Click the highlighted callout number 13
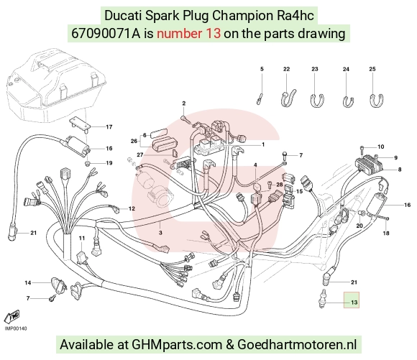coord(354,303)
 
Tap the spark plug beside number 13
coord(323,299)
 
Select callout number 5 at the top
coord(262,69)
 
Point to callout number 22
coord(286,69)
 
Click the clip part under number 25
coord(376,101)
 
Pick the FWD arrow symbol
coord(12,317)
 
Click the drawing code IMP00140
coord(16,328)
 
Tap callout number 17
coord(109,126)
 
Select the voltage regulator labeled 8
coord(370,162)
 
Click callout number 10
coord(380,147)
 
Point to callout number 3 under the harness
coord(160,233)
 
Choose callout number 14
coord(28,282)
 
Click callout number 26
coord(134,141)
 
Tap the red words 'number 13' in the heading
coord(188,34)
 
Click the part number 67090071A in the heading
coord(106,34)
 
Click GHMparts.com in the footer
coord(177,345)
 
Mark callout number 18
coord(386,234)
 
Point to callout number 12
coord(132,208)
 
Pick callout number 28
coord(280,185)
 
